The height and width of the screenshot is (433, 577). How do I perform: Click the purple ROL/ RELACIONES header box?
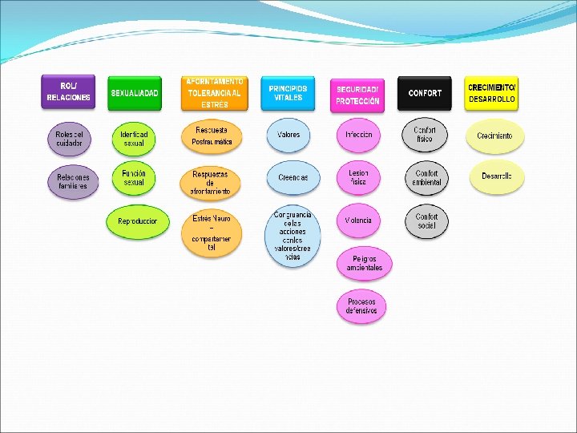coord(68,92)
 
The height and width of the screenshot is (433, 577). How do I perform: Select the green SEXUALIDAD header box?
coord(135,93)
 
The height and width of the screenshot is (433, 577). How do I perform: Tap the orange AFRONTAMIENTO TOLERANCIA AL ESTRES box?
coord(214,93)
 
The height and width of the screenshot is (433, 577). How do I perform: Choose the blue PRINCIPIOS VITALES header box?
coord(288,93)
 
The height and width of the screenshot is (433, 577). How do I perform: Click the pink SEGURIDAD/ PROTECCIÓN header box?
coord(357,95)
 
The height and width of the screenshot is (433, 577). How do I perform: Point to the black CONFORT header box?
coord(425,93)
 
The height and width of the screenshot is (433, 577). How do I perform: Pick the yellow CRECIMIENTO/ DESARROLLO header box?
coord(491,93)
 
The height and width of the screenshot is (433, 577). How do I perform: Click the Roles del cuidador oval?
coord(70,139)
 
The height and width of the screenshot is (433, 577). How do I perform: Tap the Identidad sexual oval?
coord(134,138)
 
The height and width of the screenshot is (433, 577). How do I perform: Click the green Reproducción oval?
coord(138,221)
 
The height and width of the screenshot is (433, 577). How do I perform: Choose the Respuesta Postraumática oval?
coord(212,136)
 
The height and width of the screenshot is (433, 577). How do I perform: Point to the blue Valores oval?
coord(288,136)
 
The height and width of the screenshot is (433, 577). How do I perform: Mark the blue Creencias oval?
coord(293,178)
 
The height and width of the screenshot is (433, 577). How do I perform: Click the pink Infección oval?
coord(358,136)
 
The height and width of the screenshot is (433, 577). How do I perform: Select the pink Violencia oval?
coord(358,221)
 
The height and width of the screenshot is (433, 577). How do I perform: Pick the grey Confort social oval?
coord(426,221)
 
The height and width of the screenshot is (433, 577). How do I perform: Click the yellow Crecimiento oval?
coord(494,136)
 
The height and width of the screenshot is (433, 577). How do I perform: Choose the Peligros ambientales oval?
coord(365,263)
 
